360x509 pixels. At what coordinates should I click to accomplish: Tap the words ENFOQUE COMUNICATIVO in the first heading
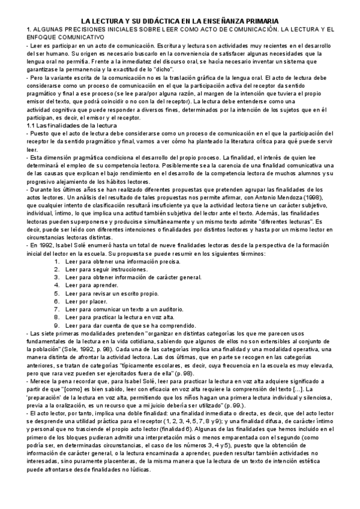pos(55,37)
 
